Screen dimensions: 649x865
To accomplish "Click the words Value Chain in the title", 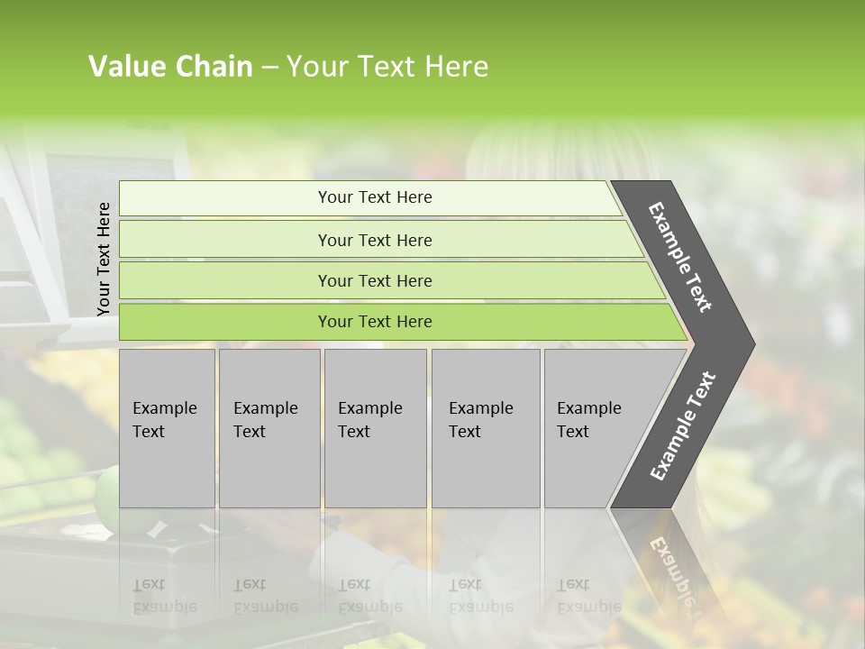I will click(x=170, y=67).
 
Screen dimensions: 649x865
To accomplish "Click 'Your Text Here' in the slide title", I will click(x=387, y=67).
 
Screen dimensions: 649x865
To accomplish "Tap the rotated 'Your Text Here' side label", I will click(x=104, y=259).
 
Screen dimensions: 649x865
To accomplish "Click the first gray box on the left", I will click(x=167, y=469).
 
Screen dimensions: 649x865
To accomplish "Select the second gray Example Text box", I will click(x=269, y=469).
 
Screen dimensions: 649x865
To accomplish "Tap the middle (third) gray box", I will click(x=375, y=469).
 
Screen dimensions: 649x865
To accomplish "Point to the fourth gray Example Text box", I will click(x=486, y=469).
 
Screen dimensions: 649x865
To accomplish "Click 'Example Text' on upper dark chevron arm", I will click(x=680, y=257).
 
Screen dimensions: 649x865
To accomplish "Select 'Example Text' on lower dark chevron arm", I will click(x=682, y=426).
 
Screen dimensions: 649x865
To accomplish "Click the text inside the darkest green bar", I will click(x=375, y=322).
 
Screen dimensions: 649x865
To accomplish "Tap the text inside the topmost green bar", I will click(x=375, y=197).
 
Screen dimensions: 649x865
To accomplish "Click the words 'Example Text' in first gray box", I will click(x=164, y=420).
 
